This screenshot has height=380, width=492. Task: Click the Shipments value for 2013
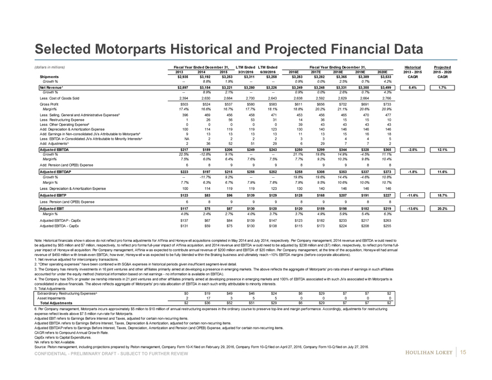tap(174, 77)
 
